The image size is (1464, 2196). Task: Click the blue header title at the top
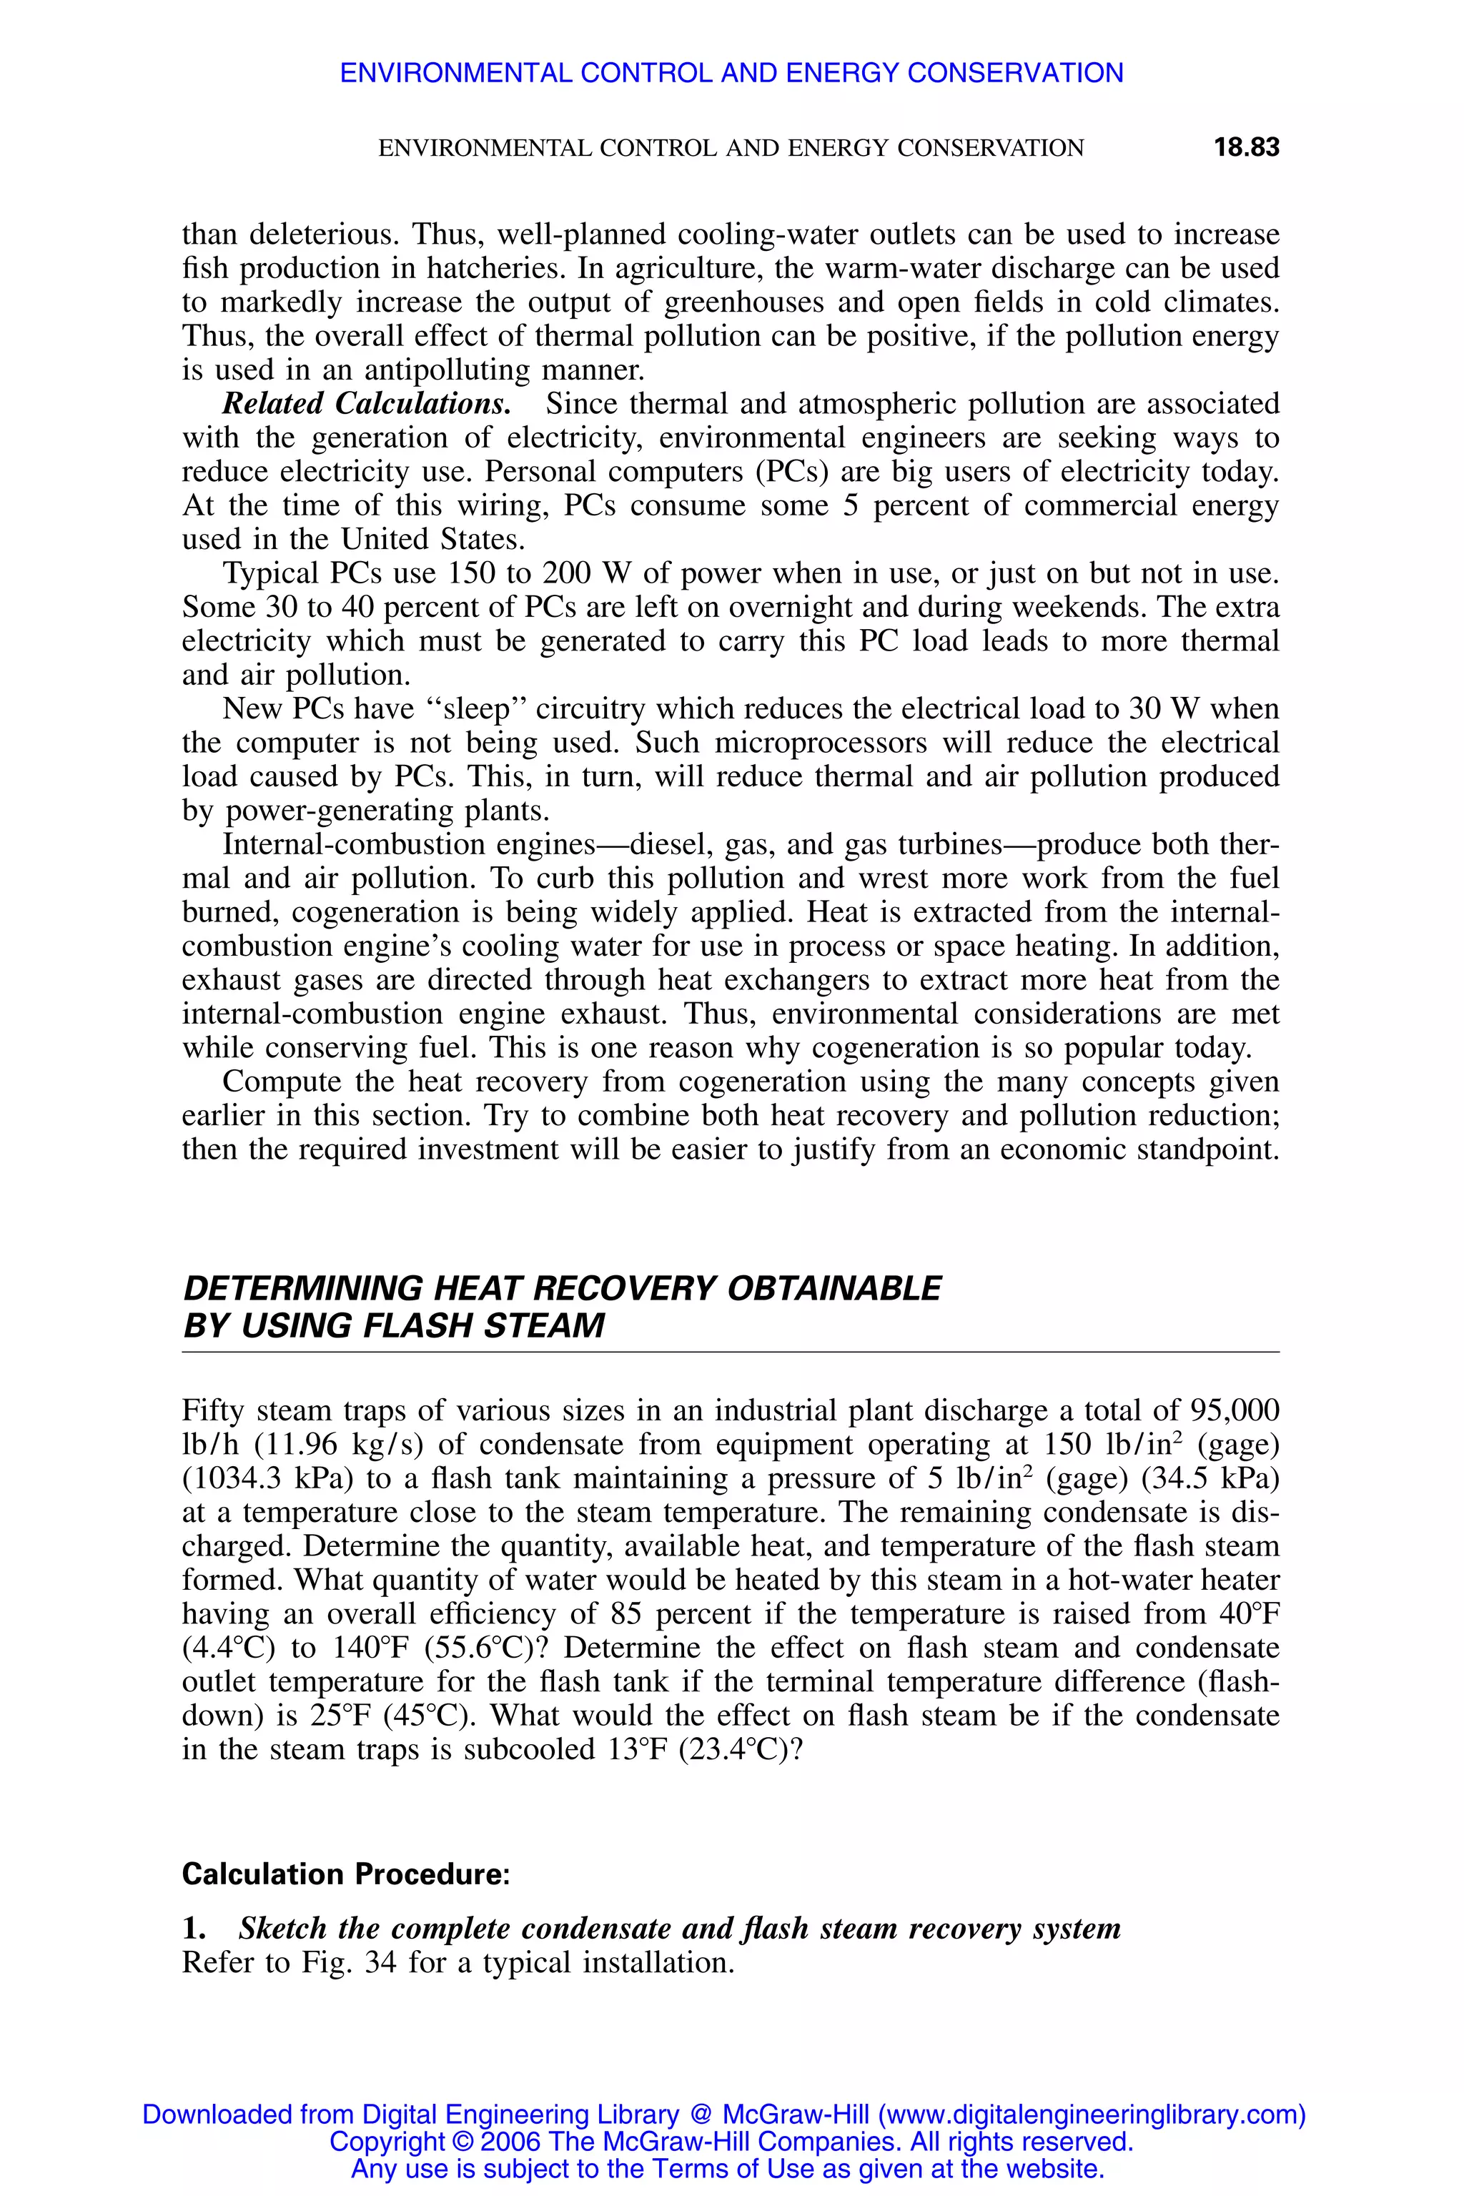click(x=731, y=73)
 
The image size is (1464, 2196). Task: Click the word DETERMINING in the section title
click(x=303, y=1288)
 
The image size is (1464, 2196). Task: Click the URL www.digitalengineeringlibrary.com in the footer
click(x=1089, y=2115)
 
